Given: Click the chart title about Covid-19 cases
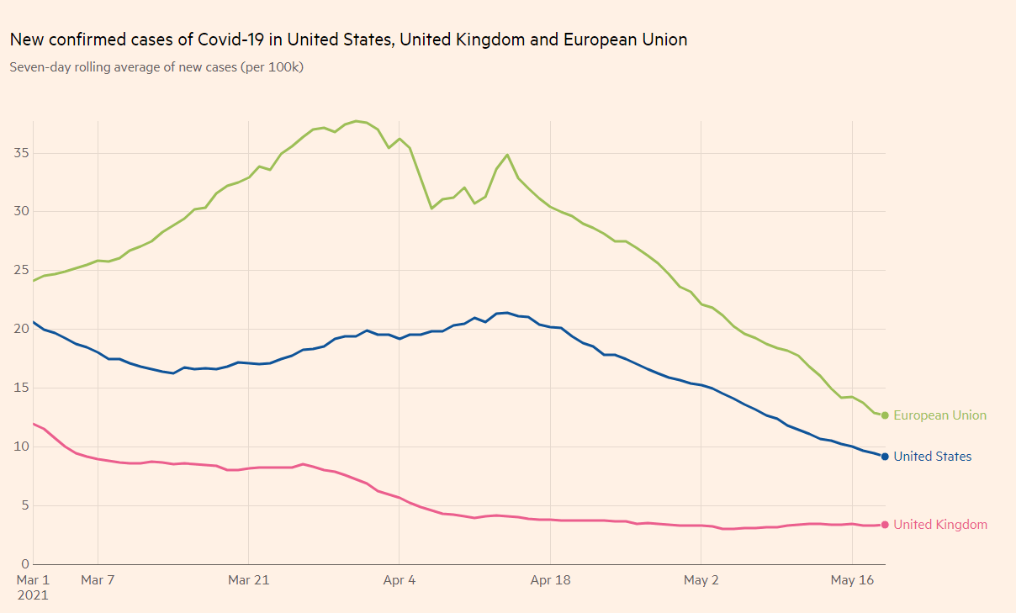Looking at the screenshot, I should click(x=348, y=40).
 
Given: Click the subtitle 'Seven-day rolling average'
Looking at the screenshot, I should click(x=156, y=67).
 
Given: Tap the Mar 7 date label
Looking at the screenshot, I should click(x=98, y=580).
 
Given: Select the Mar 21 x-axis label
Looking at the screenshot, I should click(x=249, y=580).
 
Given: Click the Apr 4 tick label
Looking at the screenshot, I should click(x=399, y=580).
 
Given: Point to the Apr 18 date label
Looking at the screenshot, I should click(x=550, y=580).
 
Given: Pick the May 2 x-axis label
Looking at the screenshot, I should click(x=701, y=580).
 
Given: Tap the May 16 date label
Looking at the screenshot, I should click(x=852, y=580).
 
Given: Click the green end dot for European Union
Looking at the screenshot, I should click(x=885, y=415).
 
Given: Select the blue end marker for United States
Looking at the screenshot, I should click(x=885, y=457).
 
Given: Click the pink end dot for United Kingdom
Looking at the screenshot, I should click(x=885, y=525).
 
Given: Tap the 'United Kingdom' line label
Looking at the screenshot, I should click(x=940, y=525).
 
